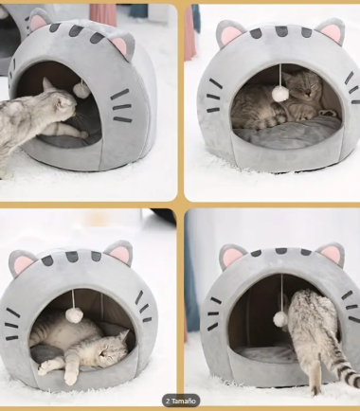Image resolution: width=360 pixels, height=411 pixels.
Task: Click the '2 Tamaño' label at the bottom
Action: click(x=181, y=401)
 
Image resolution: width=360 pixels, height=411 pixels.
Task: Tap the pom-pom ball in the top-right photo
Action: click(x=279, y=94)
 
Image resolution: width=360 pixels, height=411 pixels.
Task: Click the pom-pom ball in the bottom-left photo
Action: click(x=74, y=315)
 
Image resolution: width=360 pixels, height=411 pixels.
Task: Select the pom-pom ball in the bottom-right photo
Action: click(x=280, y=319)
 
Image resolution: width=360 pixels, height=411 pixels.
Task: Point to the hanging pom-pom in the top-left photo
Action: click(x=81, y=90)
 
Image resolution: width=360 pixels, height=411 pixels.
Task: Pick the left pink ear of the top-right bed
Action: click(x=230, y=34)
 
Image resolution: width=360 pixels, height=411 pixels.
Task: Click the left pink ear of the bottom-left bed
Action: click(x=23, y=263)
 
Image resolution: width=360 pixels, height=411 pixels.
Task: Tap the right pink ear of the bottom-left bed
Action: click(x=119, y=253)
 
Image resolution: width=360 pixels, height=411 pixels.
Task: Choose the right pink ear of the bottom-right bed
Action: click(x=331, y=254)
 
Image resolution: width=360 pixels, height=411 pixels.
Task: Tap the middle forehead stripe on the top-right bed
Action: click(x=281, y=30)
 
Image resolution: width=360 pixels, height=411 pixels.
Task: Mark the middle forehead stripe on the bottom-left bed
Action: click(x=72, y=257)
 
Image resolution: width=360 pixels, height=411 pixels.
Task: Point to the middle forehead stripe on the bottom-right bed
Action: click(x=280, y=251)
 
